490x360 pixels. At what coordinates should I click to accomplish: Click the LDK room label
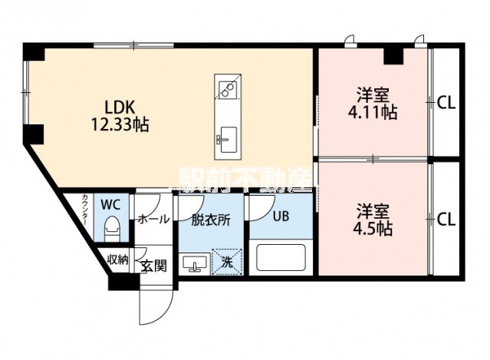(x=120, y=107)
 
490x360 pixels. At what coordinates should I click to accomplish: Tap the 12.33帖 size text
(x=120, y=124)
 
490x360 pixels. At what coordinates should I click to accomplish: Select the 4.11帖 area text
(x=373, y=113)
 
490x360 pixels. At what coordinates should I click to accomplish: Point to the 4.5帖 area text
(x=373, y=229)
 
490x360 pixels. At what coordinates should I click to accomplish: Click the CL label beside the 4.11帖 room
(x=446, y=103)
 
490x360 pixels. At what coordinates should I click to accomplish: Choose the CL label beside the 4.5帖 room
(x=446, y=220)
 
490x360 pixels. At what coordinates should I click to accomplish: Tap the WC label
(x=110, y=205)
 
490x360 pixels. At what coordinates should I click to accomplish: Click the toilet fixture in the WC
(x=111, y=230)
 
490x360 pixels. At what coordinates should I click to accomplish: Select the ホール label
(x=153, y=219)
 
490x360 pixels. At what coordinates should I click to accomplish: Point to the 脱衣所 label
(x=211, y=220)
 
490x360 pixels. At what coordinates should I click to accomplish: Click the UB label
(x=281, y=216)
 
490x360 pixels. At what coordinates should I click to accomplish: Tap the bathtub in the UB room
(x=281, y=258)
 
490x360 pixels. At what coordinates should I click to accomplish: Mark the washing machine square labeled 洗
(x=227, y=262)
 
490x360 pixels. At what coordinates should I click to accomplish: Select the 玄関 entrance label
(x=154, y=266)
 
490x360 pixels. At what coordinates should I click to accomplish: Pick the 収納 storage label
(x=118, y=259)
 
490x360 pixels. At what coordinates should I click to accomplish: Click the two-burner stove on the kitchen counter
(x=228, y=90)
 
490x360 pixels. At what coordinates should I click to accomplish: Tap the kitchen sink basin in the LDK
(x=229, y=140)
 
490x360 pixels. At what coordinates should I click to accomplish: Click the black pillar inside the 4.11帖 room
(x=393, y=56)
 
